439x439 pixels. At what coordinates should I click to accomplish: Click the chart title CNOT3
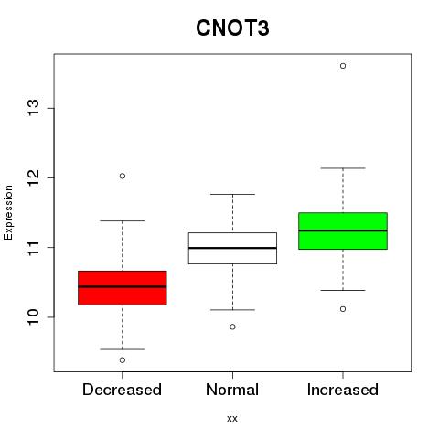[232, 28]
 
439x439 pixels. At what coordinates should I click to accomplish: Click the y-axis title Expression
[8, 212]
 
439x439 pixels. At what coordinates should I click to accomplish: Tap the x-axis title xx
[232, 418]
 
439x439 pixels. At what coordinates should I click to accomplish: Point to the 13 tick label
[33, 108]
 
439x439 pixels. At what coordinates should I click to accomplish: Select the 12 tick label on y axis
[33, 177]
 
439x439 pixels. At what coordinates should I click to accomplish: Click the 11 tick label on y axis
[33, 247]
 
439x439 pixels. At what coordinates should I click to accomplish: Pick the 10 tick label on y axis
[33, 317]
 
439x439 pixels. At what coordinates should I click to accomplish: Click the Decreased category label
[122, 390]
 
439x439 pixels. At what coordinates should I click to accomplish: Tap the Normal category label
[232, 390]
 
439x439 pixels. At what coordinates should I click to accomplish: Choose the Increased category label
[343, 390]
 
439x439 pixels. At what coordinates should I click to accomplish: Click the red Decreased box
[123, 288]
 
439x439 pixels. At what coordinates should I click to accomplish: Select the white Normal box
[232, 248]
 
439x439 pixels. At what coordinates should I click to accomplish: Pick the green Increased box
[343, 230]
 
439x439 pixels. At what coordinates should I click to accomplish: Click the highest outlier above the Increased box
[343, 66]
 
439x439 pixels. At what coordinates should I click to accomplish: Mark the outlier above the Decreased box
[123, 176]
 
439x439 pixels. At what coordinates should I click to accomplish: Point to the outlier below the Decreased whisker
[123, 360]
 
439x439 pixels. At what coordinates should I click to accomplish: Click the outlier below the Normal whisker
[232, 327]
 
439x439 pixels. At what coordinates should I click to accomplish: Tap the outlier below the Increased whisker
[343, 309]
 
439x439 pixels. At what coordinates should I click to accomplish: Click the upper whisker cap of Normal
[232, 194]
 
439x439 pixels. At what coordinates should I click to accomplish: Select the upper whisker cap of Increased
[343, 168]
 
